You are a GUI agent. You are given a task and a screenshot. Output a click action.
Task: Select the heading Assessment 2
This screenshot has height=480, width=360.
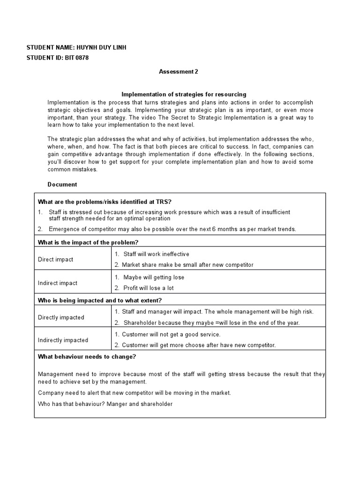tap(178, 72)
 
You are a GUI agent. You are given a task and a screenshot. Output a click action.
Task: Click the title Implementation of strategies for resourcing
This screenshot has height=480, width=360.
tap(184, 94)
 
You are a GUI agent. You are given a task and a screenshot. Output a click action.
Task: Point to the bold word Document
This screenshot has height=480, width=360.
tap(62, 185)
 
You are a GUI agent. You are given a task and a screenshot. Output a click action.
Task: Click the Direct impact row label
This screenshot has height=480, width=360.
tap(55, 259)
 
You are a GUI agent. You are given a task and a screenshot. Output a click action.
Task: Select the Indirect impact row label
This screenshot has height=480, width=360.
tap(57, 283)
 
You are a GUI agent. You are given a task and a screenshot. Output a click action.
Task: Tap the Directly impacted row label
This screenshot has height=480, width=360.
tap(61, 317)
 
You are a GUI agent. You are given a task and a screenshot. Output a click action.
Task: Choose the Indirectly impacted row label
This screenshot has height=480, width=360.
tap(63, 340)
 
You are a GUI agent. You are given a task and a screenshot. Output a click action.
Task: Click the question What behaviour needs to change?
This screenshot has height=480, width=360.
tap(87, 357)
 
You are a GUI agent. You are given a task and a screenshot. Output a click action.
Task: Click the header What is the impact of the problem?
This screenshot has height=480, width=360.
tap(88, 242)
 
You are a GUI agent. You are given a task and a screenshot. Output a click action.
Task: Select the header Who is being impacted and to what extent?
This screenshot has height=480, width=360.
tap(99, 300)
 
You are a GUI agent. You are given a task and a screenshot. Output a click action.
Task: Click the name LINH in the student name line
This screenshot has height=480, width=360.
tap(118, 48)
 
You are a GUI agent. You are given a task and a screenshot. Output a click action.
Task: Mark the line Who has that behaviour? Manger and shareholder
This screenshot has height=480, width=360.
tap(105, 404)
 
